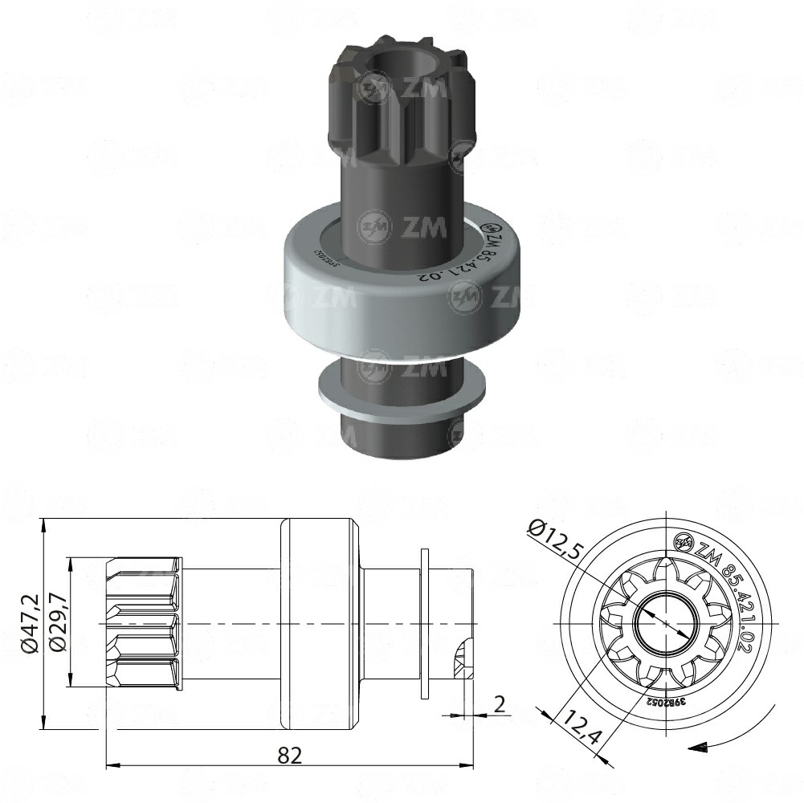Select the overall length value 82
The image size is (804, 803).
point(290,756)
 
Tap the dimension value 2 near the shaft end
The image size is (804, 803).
point(499,705)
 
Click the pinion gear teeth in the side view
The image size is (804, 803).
point(143,623)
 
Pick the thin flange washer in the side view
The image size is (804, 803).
point(424,623)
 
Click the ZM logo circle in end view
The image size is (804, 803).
point(684,543)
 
